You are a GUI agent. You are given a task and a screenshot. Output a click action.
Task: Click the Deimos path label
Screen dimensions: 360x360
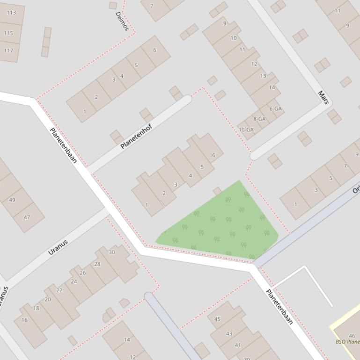click(122, 21)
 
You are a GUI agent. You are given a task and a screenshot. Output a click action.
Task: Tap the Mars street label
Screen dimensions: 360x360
click(323, 97)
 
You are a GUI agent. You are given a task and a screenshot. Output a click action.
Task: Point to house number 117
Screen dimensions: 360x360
click(8, 50)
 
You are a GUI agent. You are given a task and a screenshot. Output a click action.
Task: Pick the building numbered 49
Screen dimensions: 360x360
click(12, 200)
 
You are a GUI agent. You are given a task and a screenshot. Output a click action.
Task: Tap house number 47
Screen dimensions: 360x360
click(27, 217)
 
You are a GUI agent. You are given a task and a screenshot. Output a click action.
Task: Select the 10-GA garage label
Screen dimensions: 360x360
click(246, 130)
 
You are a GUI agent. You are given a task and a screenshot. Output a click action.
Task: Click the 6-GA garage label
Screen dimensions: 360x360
click(276, 109)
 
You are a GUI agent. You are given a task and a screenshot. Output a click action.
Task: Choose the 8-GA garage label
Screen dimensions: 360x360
click(259, 119)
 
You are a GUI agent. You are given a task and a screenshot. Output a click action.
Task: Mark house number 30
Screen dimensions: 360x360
click(112, 252)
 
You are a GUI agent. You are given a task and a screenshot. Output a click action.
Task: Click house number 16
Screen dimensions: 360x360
click(24, 320)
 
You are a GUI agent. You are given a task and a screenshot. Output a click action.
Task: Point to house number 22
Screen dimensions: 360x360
click(59, 290)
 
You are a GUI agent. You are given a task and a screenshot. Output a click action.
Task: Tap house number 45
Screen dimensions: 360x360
click(217, 319)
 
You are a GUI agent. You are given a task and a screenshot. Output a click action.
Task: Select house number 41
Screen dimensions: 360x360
click(238, 345)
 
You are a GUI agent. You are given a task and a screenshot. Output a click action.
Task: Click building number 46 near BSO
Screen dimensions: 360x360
click(352, 336)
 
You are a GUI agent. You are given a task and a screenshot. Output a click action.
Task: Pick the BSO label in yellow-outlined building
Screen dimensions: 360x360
click(347, 342)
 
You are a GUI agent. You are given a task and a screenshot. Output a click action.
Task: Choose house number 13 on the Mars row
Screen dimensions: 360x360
click(263, 76)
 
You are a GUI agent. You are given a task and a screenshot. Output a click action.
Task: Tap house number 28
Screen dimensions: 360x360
click(97, 264)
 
